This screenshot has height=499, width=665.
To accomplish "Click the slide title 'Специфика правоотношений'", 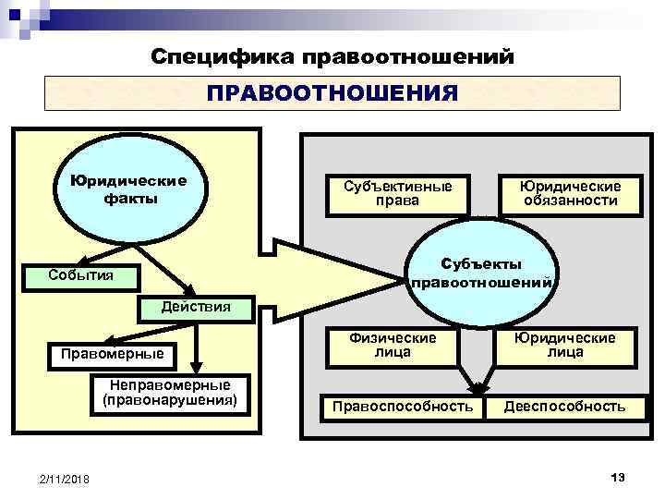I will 332,57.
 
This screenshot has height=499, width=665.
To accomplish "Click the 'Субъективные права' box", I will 397,193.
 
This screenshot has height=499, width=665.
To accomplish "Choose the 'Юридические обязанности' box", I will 570,193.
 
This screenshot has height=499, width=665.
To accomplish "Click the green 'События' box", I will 82,274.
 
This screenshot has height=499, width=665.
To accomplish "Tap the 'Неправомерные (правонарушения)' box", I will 170,393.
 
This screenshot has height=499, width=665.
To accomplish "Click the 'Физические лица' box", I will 393,345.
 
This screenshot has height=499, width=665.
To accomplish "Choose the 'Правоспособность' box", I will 403,407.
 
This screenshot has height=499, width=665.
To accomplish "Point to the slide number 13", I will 618,475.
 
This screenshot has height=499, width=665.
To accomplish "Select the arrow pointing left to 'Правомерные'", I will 139,336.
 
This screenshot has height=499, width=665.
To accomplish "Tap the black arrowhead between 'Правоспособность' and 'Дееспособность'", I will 479,391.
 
